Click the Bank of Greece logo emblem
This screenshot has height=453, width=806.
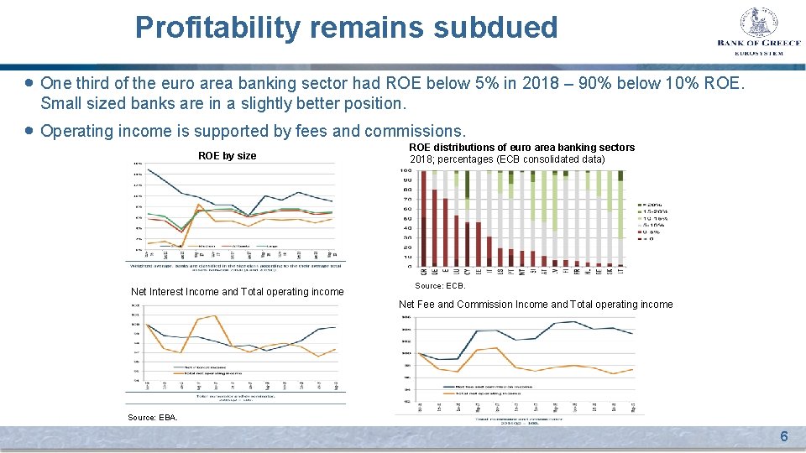tap(760, 22)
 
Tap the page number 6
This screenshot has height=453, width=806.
tap(783, 436)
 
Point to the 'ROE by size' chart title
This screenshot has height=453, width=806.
tap(227, 155)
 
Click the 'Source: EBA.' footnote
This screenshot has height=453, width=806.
tap(152, 417)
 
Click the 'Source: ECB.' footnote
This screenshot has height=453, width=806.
tap(440, 286)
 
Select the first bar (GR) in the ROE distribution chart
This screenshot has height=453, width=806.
tap(424, 218)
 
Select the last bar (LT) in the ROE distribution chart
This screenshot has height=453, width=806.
tap(620, 218)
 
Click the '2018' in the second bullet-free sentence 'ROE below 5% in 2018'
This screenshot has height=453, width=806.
tap(520, 84)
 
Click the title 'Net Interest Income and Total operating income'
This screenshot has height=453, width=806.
tap(237, 292)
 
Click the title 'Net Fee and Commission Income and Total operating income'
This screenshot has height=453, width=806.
tap(535, 305)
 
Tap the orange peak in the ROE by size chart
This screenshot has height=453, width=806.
tap(198, 204)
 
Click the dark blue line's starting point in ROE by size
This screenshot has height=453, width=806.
tap(148, 169)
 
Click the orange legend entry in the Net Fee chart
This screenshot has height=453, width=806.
tap(487, 393)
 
